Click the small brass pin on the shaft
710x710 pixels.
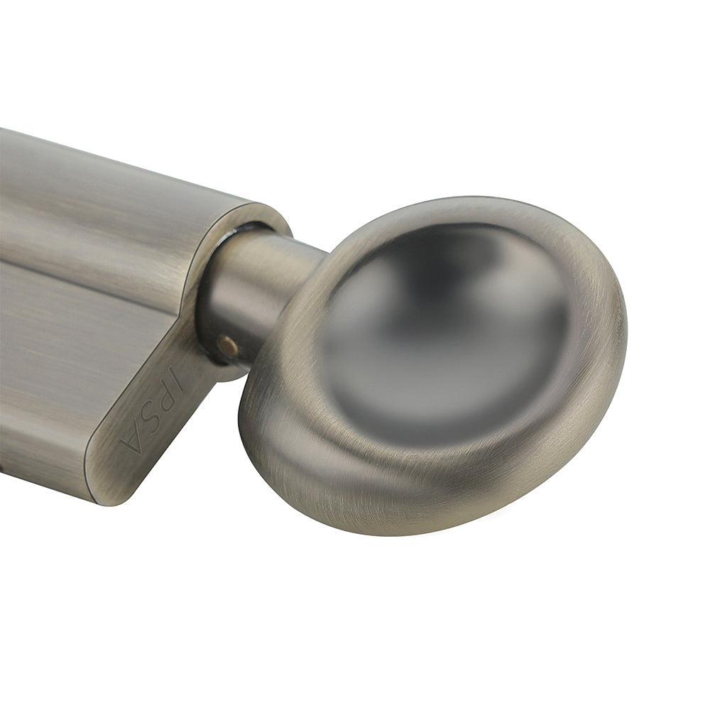(x=227, y=345)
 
